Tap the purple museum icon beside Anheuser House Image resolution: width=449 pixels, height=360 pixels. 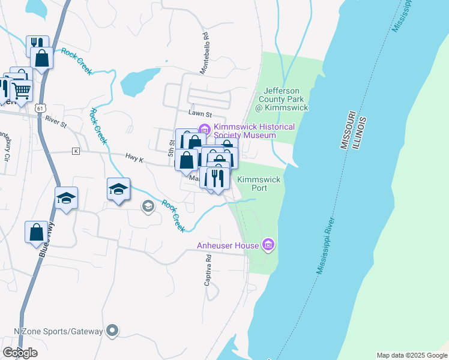tap(269, 245)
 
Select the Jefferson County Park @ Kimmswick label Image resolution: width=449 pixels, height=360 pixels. tap(283, 99)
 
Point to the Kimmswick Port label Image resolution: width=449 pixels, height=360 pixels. tap(259, 184)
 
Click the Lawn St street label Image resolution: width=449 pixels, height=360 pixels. tap(200, 113)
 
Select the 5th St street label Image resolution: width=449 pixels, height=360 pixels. tap(171, 143)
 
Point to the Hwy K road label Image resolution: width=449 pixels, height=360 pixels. tap(134, 157)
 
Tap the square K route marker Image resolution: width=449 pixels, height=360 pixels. tap(76, 151)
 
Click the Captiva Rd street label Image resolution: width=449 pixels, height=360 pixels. tap(208, 269)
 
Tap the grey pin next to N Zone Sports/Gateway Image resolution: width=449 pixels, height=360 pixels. tap(112, 331)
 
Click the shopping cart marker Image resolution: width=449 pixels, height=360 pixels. tap(21, 91)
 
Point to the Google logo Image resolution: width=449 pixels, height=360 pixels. tap(20, 353)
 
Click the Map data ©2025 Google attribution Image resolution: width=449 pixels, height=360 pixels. tap(411, 355)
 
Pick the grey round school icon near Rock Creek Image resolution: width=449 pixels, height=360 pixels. tap(148, 206)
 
